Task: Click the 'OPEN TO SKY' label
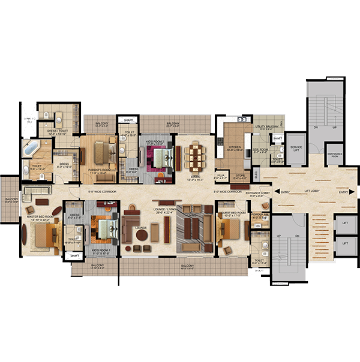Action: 28,121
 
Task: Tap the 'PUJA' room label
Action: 221,176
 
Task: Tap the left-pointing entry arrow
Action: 277,192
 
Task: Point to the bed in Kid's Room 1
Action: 106,230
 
